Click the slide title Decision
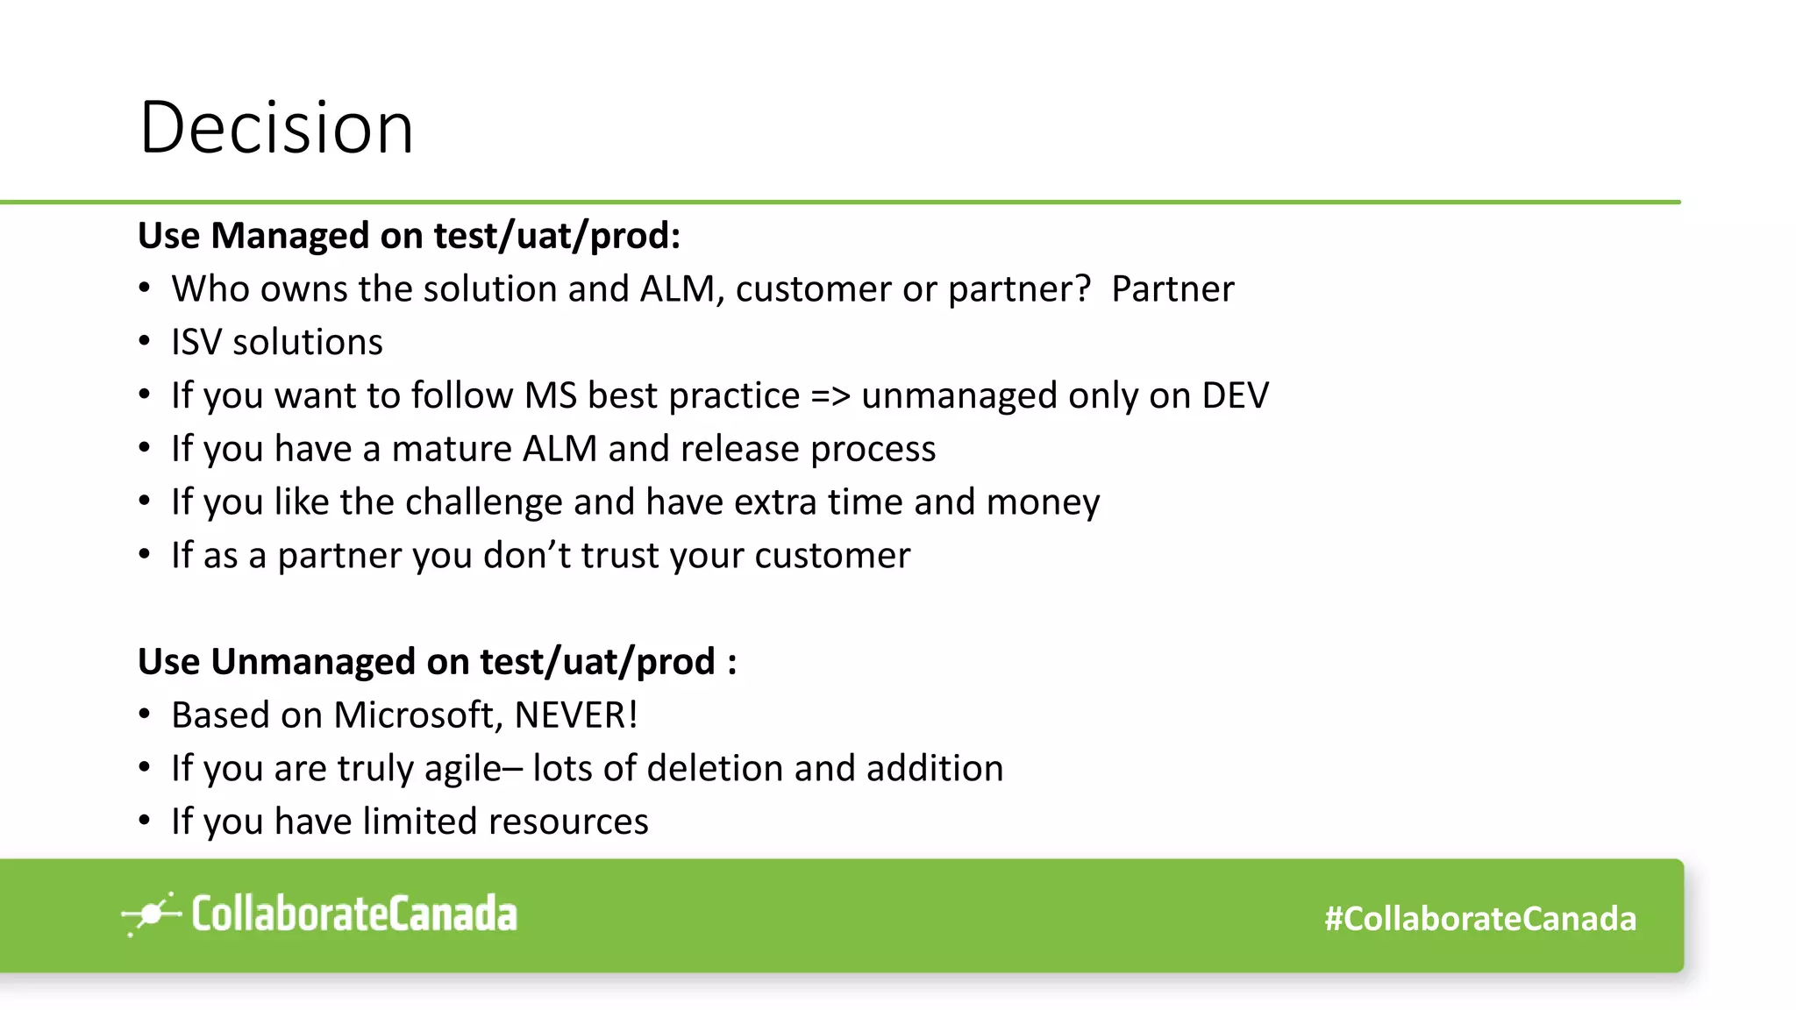pyautogui.click(x=276, y=128)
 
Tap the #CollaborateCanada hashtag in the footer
pyautogui.click(x=1479, y=919)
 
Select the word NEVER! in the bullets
pyautogui.click(x=575, y=715)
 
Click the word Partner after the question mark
pyautogui.click(x=1172, y=289)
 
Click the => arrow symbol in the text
pyautogui.click(x=830, y=396)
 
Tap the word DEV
pyautogui.click(x=1235, y=396)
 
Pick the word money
pyautogui.click(x=1043, y=502)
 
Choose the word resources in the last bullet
pyautogui.click(x=567, y=822)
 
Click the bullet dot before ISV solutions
pyautogui.click(x=145, y=342)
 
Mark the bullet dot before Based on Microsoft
pyautogui.click(x=145, y=715)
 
